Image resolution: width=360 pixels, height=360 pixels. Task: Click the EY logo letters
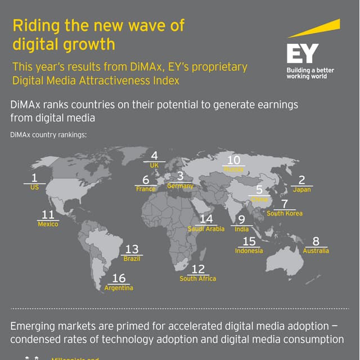click(x=302, y=54)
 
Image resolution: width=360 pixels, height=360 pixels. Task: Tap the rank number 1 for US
click(x=34, y=178)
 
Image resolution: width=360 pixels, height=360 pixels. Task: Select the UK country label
click(x=154, y=165)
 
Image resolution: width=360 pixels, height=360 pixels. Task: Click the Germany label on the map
click(x=180, y=186)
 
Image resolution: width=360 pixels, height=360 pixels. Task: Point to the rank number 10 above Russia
click(x=233, y=160)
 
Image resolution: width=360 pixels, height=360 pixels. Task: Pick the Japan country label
click(x=301, y=190)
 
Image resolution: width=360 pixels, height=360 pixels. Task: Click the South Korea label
click(x=285, y=213)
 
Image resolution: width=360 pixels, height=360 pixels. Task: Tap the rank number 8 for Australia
click(x=316, y=241)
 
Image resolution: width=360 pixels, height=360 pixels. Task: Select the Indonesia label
click(x=249, y=251)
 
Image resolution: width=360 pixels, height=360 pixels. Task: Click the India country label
click(x=241, y=229)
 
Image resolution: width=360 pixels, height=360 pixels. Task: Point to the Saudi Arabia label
click(x=206, y=229)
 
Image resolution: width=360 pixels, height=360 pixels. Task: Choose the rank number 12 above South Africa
click(x=198, y=269)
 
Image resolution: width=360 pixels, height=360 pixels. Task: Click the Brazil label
click(x=132, y=259)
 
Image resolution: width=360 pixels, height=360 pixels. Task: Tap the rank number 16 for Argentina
click(x=119, y=278)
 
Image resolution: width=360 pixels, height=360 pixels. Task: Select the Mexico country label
click(x=48, y=224)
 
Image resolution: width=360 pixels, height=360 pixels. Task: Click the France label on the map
click(x=146, y=189)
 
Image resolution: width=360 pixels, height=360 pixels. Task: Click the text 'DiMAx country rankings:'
click(x=48, y=135)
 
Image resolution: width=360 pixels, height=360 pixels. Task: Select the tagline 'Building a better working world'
click(x=310, y=73)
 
